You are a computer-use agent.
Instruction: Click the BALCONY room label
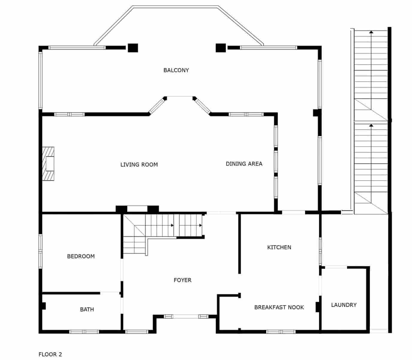[176, 70]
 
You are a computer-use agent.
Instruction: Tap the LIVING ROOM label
[139, 164]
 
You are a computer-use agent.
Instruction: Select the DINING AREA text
[244, 163]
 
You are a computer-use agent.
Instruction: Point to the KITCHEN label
[279, 247]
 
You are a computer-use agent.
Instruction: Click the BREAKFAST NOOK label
[279, 307]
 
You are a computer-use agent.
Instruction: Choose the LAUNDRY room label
[344, 305]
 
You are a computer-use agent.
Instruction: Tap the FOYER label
[182, 280]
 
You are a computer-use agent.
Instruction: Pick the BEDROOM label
[81, 256]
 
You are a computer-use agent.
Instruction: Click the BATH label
[87, 309]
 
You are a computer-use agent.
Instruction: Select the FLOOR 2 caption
[50, 354]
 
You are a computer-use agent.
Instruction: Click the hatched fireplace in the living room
[48, 163]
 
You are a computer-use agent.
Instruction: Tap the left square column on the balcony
[133, 48]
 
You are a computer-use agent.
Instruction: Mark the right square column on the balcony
[221, 48]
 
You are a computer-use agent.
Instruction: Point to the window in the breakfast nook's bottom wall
[281, 331]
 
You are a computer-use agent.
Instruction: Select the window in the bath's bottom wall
[84, 331]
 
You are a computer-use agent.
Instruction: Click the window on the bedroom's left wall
[40, 251]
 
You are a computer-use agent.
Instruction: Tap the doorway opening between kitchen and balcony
[294, 212]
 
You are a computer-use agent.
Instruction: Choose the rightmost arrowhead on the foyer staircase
[200, 225]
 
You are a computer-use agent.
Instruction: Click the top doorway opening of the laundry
[336, 267]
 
